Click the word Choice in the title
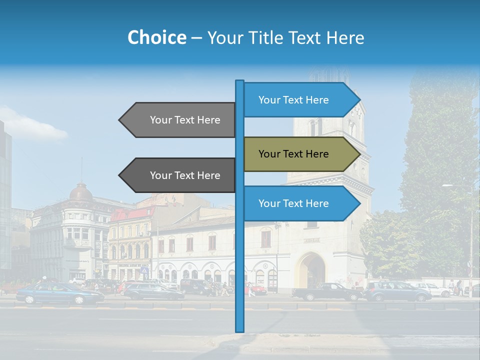coord(156,38)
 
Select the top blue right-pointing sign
coord(294,100)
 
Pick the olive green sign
coord(294,154)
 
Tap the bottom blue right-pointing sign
coord(294,203)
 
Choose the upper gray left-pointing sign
coord(185,120)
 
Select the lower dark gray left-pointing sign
coord(185,175)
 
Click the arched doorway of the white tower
coord(311,270)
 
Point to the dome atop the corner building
coord(80,192)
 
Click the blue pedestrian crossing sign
coord(144,270)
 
